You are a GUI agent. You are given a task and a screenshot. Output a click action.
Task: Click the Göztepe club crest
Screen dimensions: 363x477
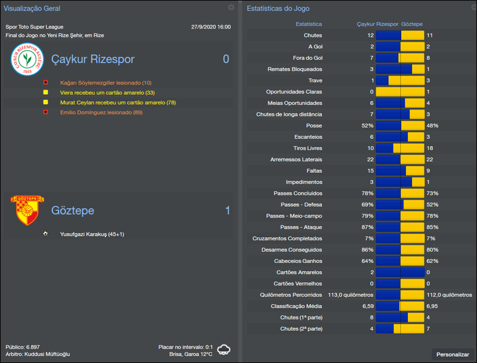coord(26,210)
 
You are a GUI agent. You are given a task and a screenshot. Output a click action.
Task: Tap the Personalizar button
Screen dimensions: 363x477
coord(453,354)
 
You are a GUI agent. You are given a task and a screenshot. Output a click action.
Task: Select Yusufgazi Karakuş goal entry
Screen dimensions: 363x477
coord(92,234)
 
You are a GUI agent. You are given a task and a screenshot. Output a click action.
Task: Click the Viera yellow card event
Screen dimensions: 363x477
coord(98,92)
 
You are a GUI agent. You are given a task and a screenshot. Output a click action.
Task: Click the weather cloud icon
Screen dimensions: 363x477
coord(225,349)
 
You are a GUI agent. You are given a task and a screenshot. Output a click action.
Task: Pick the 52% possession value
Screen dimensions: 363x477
coord(367,126)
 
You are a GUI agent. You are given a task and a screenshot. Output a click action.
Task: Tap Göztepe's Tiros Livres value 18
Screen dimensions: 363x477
coord(430,148)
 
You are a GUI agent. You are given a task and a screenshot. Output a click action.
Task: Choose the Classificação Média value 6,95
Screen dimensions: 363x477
coord(433,306)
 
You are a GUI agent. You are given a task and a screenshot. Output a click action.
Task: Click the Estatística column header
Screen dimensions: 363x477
coord(309,24)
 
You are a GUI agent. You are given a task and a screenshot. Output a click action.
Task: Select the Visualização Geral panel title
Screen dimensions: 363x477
coord(32,8)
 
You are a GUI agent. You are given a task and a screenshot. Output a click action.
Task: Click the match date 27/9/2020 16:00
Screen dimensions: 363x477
coord(210,27)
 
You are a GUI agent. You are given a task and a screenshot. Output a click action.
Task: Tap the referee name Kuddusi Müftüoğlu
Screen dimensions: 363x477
coord(48,354)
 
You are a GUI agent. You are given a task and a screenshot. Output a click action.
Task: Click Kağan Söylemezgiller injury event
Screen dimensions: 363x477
coord(106,82)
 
